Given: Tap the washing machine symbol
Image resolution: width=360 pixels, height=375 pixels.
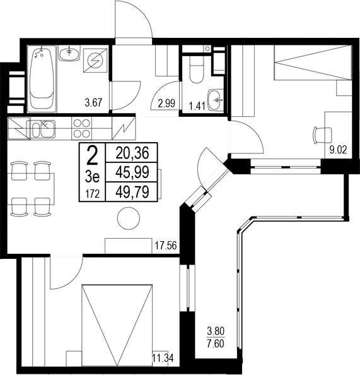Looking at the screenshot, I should (x=96, y=62).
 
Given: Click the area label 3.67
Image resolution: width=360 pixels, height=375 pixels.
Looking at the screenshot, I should (x=95, y=102).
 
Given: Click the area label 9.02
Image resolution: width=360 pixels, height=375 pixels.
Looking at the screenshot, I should (x=339, y=150).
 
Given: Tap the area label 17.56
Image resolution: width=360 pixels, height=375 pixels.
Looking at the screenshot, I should (x=164, y=246).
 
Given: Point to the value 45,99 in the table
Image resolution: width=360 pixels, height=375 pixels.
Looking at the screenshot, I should (x=132, y=171).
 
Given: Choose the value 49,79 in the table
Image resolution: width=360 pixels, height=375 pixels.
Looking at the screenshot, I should (x=132, y=191).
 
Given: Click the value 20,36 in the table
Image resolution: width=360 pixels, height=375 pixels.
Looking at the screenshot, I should (x=132, y=152).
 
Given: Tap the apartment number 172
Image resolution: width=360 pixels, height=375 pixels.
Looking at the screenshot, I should (x=92, y=193).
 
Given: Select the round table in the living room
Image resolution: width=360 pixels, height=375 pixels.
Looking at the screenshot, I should (x=129, y=218).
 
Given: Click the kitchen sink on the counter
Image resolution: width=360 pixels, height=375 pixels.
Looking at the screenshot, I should (x=42, y=129).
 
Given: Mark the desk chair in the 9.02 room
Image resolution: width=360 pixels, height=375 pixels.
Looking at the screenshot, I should (x=322, y=134).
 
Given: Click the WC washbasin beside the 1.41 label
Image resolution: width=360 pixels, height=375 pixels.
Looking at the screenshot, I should (x=216, y=98).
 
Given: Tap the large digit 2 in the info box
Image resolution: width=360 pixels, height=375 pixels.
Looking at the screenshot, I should (x=92, y=154).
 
